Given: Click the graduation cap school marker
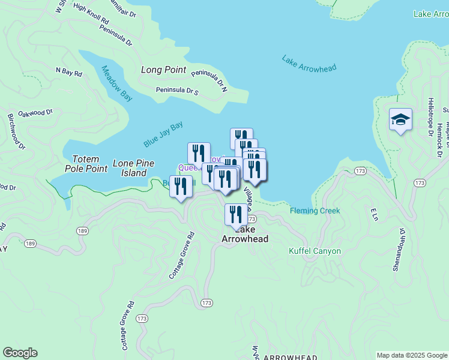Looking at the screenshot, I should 400,120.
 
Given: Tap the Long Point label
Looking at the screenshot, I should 163,70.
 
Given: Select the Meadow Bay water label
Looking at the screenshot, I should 116,83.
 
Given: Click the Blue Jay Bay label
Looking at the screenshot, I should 163,135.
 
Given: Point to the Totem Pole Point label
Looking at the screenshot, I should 89,164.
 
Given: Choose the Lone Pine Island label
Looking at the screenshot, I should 133,168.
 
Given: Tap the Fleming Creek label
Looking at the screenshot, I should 315,211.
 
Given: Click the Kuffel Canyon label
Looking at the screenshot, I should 315,251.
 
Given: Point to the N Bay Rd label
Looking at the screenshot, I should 68,71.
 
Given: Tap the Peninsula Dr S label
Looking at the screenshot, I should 177,91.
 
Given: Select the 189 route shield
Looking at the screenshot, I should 82,230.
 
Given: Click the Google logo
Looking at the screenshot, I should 20,353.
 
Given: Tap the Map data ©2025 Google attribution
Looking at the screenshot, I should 411,355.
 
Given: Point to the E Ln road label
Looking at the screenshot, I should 373,214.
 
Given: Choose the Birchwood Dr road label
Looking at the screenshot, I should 16,131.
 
